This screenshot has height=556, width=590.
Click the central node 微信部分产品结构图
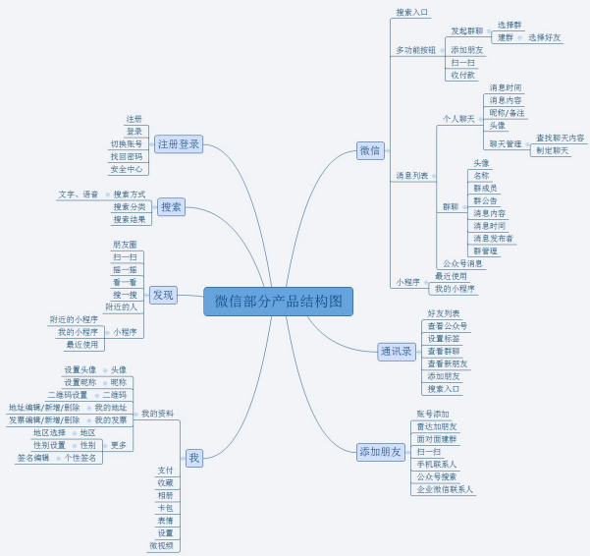[x=278, y=302]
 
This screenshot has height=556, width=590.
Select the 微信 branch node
[x=370, y=150]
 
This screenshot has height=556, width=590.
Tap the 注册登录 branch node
[x=180, y=143]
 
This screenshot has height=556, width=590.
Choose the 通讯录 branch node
[x=397, y=351]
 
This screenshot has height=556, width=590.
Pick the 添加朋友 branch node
[x=381, y=452]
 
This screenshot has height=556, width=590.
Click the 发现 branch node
[x=163, y=294]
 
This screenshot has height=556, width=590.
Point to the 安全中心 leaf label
[x=126, y=169]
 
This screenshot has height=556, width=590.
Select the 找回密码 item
[x=126, y=156]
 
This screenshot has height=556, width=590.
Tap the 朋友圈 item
[x=125, y=245]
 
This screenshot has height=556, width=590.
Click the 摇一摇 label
[x=125, y=269]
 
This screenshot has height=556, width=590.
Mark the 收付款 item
[x=462, y=75]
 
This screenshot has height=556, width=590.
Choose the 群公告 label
[x=485, y=200]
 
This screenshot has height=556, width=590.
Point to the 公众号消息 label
[x=461, y=263]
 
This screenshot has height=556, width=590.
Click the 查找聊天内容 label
[x=561, y=139]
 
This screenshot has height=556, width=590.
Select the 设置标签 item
[x=444, y=338]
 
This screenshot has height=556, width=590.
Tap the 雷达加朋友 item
[x=437, y=426]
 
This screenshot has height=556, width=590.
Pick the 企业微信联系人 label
[x=445, y=489]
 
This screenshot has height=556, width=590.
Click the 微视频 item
[x=163, y=545]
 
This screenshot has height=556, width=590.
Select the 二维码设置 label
[x=68, y=395]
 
